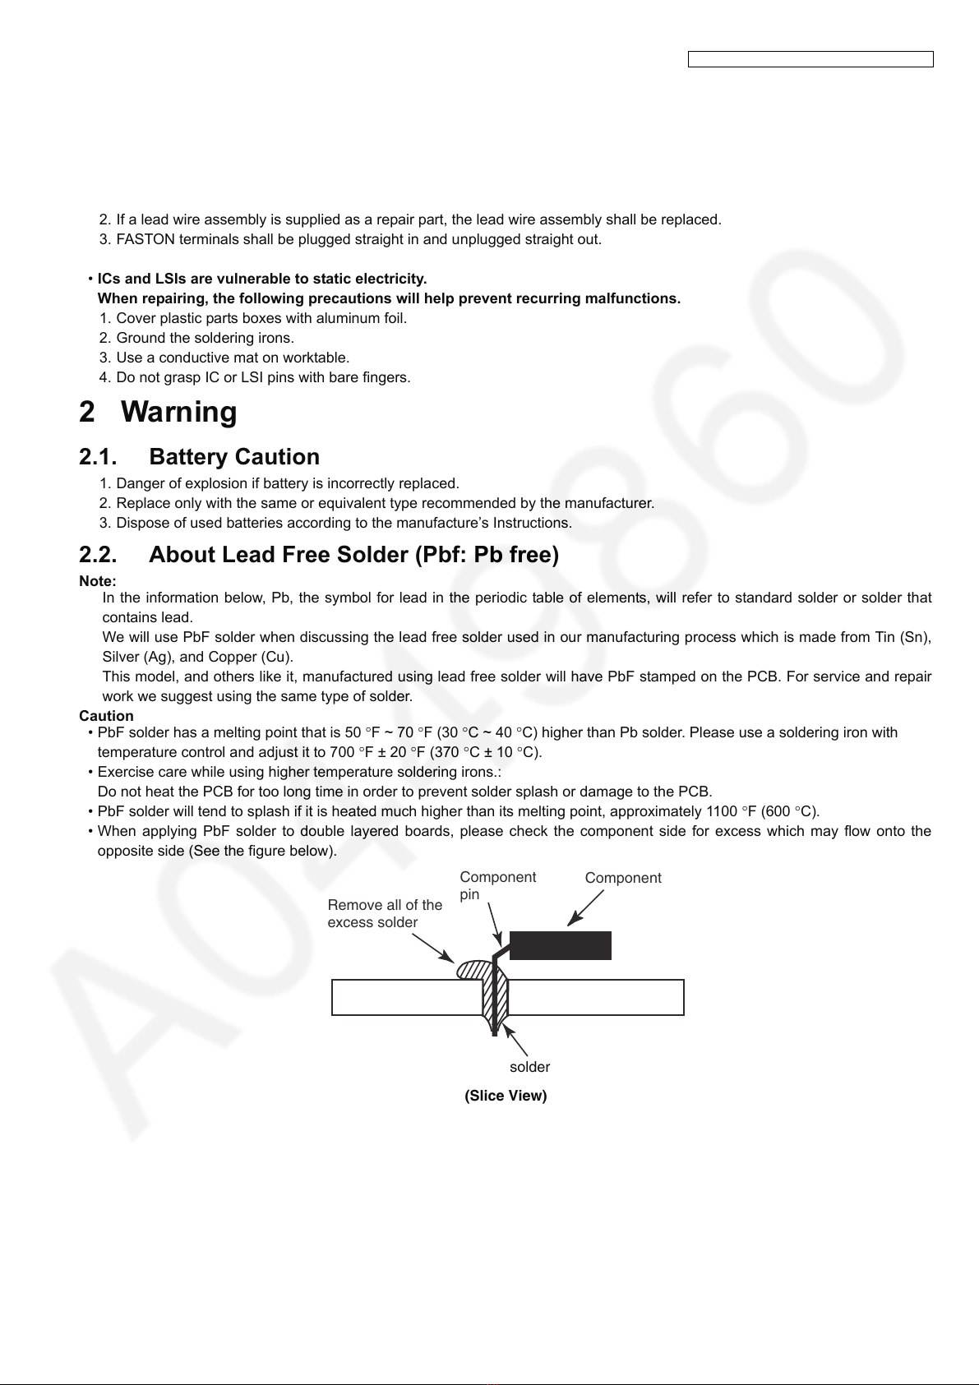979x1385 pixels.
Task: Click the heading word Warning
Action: coord(178,412)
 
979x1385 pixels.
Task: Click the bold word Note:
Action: coord(98,581)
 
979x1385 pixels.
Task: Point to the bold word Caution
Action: coord(106,716)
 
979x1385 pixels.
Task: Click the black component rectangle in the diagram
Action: coord(561,945)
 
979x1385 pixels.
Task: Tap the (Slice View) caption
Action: coord(506,1096)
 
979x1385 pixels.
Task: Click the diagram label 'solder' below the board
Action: coord(529,1067)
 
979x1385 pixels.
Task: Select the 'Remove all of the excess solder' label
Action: coord(385,913)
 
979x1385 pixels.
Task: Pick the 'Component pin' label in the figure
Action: coord(498,885)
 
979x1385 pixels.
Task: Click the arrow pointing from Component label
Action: coord(585,907)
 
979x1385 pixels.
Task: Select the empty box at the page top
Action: coord(810,59)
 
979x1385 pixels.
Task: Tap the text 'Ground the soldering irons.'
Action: coord(205,338)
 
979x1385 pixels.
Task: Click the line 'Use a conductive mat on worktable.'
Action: coord(233,358)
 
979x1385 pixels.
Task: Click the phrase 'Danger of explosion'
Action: coord(177,483)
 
